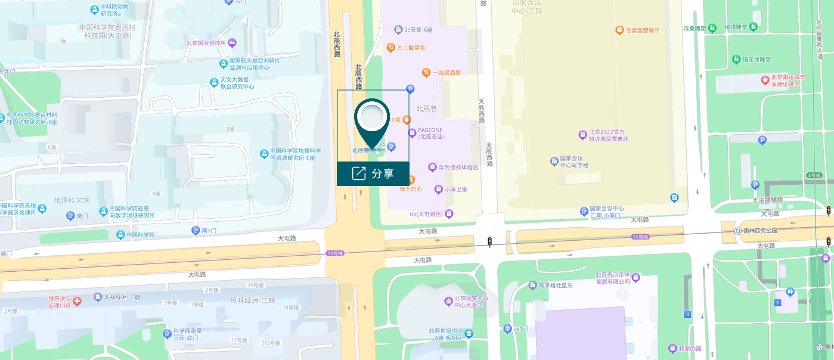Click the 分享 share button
(x=373, y=173)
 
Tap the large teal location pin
(x=372, y=120)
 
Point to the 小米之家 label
(x=455, y=190)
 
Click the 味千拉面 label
(x=411, y=189)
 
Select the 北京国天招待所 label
(x=206, y=43)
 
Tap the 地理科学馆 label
(x=72, y=200)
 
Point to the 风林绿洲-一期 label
(x=122, y=297)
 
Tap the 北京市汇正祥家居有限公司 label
(x=613, y=278)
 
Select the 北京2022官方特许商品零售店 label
(x=609, y=136)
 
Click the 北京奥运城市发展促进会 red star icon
(x=765, y=79)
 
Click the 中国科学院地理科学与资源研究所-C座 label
(x=295, y=154)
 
